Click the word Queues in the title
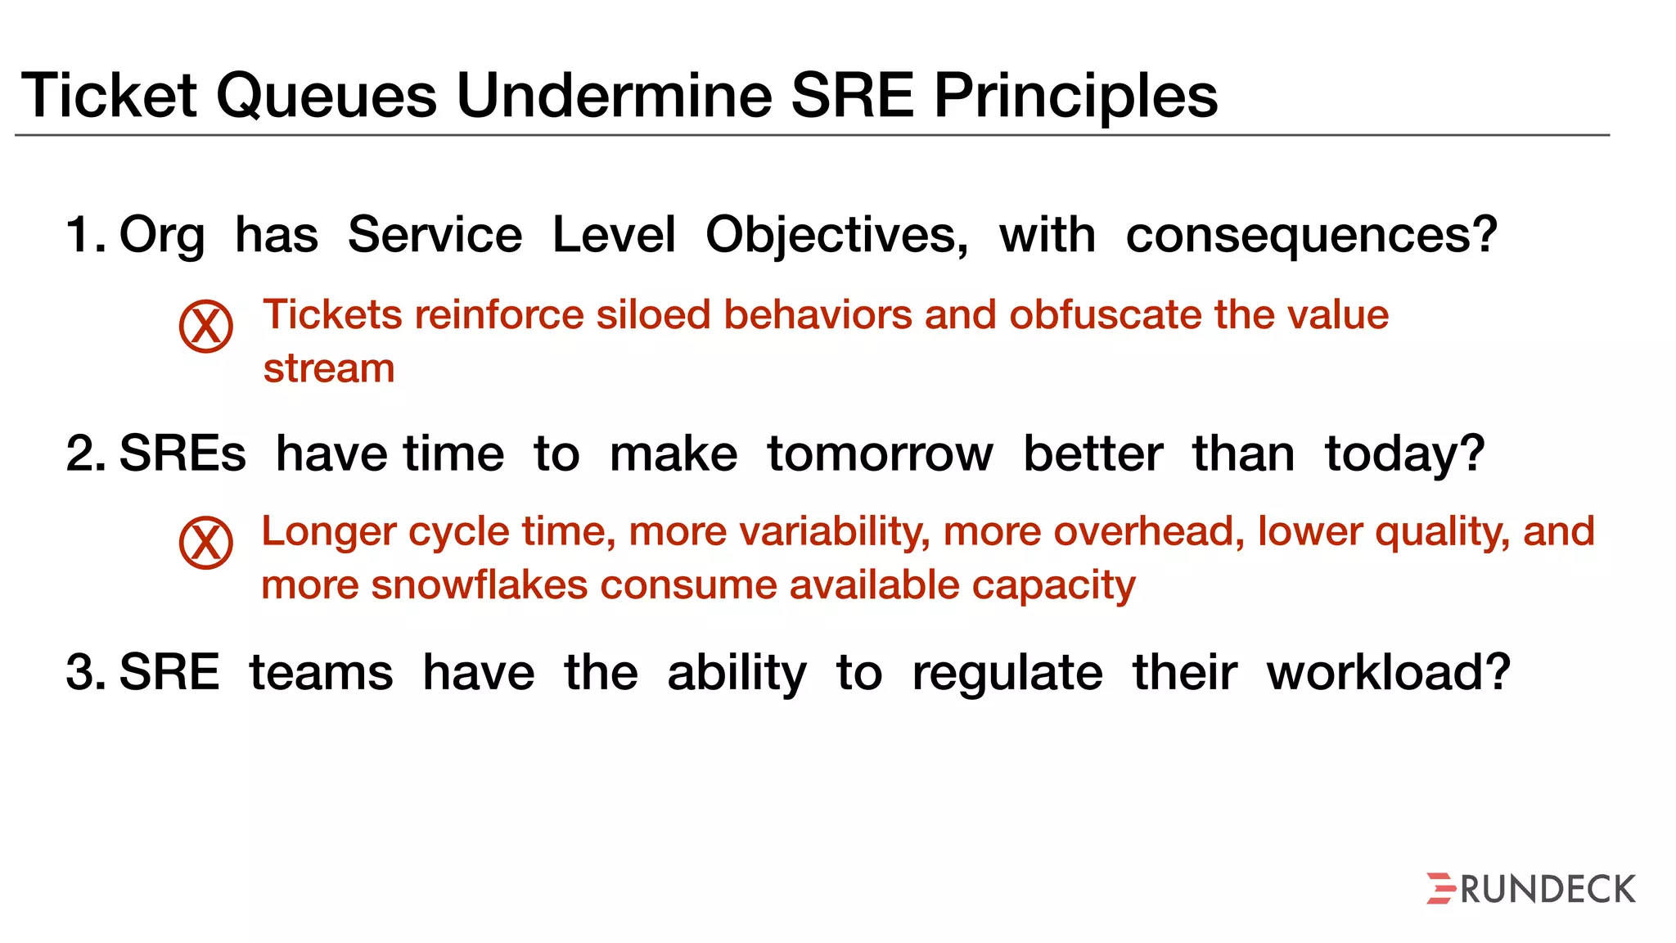pyautogui.click(x=326, y=97)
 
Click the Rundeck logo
pyautogui.click(x=1530, y=889)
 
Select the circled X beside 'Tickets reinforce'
pyautogui.click(x=205, y=326)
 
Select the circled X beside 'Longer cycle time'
pyautogui.click(x=205, y=543)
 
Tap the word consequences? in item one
pyautogui.click(x=1311, y=235)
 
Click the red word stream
pyautogui.click(x=329, y=368)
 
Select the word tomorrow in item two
pyautogui.click(x=880, y=453)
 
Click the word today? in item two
pyautogui.click(x=1404, y=453)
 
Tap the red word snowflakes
pyautogui.click(x=480, y=585)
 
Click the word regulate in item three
pyautogui.click(x=1007, y=674)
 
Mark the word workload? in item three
pyautogui.click(x=1388, y=672)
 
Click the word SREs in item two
pyautogui.click(x=182, y=453)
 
